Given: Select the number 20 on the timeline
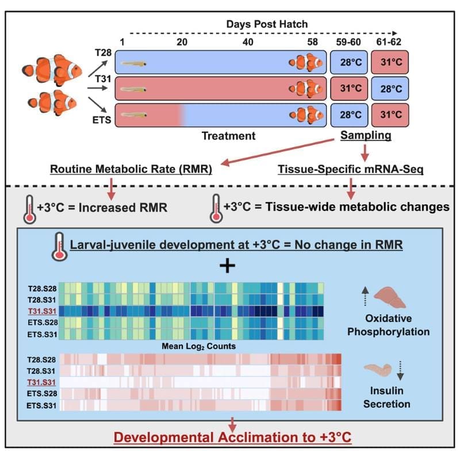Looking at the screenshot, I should pyautogui.click(x=183, y=42).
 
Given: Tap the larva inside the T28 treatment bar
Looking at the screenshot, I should pyautogui.click(x=133, y=62).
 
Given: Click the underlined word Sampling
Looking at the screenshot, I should pyautogui.click(x=366, y=136).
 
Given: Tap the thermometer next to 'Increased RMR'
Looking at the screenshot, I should pyautogui.click(x=29, y=208).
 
